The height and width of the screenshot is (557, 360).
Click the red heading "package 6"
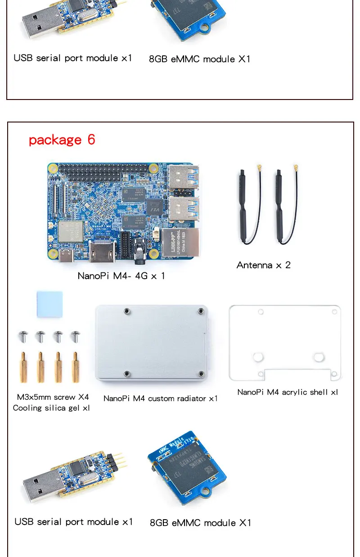(62, 140)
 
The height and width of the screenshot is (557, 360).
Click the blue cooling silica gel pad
(49, 304)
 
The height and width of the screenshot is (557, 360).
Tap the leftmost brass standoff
(22, 367)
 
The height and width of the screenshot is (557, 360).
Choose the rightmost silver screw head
(75, 336)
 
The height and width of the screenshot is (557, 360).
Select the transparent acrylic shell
(285, 342)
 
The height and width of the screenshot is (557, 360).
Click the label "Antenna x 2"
(264, 265)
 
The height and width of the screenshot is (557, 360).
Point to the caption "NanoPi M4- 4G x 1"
(121, 276)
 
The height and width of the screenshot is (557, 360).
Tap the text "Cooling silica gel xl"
(51, 408)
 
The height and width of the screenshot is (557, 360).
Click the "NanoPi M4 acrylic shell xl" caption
(288, 392)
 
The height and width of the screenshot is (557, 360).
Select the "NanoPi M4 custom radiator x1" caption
(161, 399)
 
